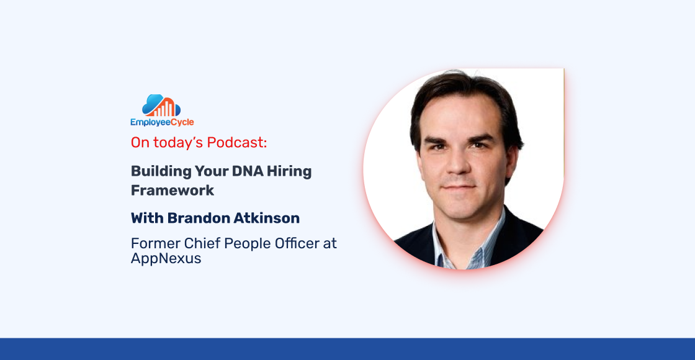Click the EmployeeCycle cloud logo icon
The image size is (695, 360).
coord(161,106)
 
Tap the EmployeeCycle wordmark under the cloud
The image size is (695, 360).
coord(162,122)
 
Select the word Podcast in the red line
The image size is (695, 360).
coord(236,142)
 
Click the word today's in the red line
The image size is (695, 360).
coord(175,142)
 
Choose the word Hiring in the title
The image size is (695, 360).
coord(291,171)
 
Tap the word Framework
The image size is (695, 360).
coord(173,190)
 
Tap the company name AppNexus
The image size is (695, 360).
coord(166,259)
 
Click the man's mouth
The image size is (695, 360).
coord(459,187)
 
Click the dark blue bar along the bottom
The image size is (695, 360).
coord(347,349)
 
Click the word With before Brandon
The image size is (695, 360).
coord(145,218)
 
